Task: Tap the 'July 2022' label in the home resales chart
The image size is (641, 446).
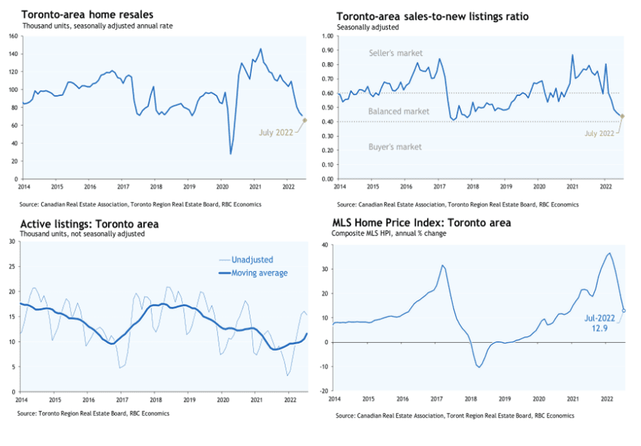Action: [275, 133]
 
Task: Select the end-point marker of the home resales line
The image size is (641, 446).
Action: [304, 120]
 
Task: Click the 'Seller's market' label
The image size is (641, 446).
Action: [396, 53]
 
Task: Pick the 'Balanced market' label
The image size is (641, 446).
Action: [398, 112]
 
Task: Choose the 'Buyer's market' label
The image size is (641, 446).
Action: [394, 148]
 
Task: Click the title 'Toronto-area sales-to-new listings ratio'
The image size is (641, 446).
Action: [432, 16]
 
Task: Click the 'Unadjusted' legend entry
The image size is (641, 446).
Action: [252, 260]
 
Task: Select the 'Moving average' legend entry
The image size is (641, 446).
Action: [259, 273]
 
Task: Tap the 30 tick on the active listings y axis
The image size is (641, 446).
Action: [12, 242]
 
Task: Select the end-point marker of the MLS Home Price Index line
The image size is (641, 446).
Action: [623, 311]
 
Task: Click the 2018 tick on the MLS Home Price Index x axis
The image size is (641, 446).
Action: [470, 398]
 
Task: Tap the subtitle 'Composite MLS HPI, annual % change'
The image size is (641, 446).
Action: [389, 233]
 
